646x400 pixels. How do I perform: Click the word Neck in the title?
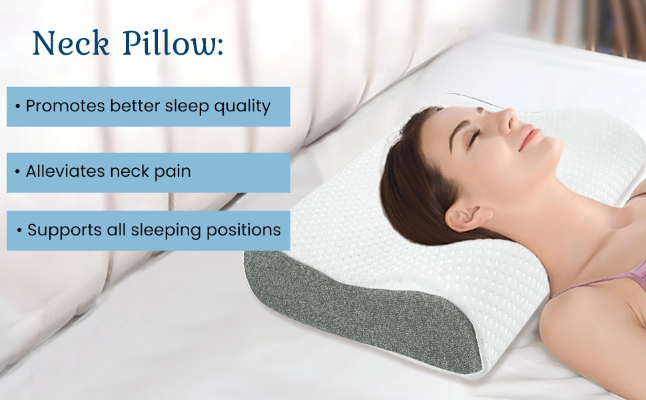[x=71, y=43]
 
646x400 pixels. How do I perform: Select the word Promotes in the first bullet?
[x=65, y=106]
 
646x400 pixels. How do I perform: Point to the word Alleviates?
[x=65, y=171]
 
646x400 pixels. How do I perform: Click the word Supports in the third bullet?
[x=65, y=231]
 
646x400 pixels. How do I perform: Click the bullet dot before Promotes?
[x=18, y=107]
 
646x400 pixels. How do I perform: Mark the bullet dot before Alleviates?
[x=18, y=171]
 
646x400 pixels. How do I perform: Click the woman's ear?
[x=467, y=217]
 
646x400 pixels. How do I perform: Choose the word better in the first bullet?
[x=135, y=106]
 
